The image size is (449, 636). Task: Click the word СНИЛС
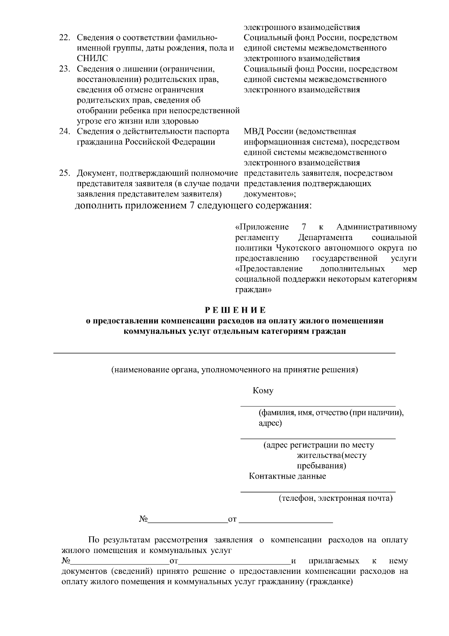pos(92,58)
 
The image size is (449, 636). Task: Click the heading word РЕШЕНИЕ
pos(235,310)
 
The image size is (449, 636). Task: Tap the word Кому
pos(263,391)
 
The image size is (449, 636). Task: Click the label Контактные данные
pos(287,476)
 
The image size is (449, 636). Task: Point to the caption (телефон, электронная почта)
pos(335,498)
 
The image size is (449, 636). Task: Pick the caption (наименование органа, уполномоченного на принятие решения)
pos(235,370)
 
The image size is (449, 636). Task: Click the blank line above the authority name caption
pos(224,353)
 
